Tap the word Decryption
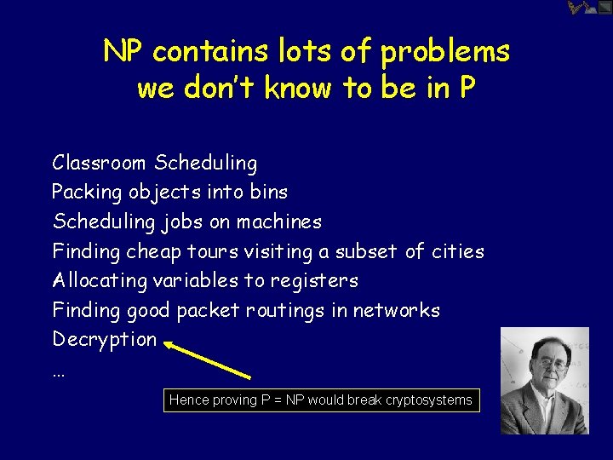105,340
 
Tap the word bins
269,192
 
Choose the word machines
279,221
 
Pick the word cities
458,251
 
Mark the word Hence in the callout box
187,400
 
